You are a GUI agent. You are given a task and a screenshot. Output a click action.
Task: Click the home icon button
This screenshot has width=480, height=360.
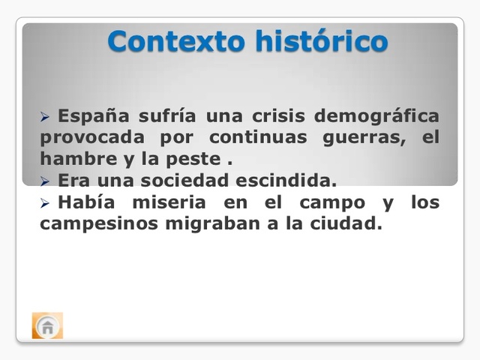(47, 326)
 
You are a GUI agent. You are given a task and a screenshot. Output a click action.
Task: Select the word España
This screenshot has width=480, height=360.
(93, 117)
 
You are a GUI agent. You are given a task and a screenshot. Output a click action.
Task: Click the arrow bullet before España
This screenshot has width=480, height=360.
(45, 118)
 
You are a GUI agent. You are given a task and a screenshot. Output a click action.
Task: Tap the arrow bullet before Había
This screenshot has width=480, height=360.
(45, 203)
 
